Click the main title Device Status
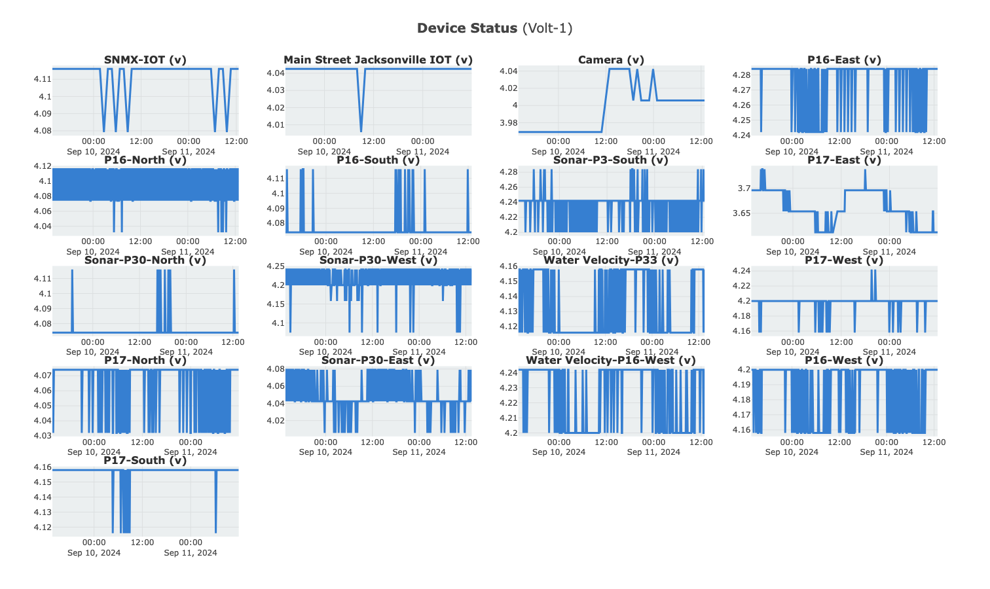[x=467, y=28]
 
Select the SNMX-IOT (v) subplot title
[x=145, y=60]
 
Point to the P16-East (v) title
[x=844, y=60]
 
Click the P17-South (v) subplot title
[x=145, y=461]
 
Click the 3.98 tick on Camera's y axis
[x=508, y=123]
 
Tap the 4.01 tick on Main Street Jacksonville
[x=275, y=125]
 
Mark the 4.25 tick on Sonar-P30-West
[x=275, y=266]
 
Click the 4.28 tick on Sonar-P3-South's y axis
[x=508, y=172]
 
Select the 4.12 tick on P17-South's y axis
[x=42, y=527]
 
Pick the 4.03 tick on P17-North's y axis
[x=42, y=436]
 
